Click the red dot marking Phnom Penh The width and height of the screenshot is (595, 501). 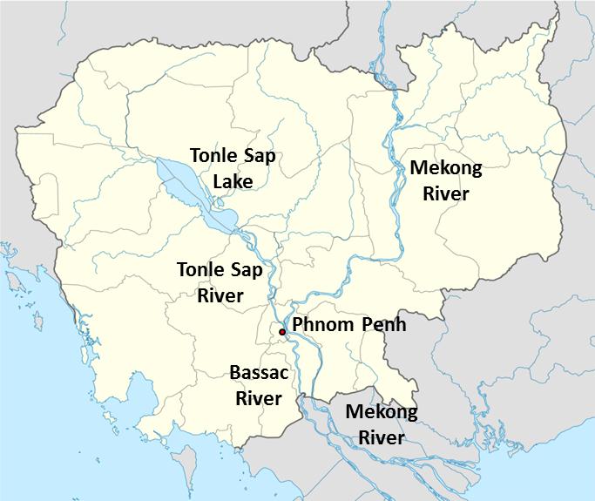pos(282,332)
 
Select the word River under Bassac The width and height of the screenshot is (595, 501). pos(259,398)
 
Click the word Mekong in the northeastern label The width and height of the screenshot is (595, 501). pos(446,169)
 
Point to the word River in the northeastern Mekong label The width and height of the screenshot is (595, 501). pos(446,193)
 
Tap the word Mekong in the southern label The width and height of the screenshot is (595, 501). pos(382,412)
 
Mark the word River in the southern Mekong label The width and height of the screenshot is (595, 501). pos(382,437)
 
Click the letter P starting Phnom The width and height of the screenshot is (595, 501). pos(298,326)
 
